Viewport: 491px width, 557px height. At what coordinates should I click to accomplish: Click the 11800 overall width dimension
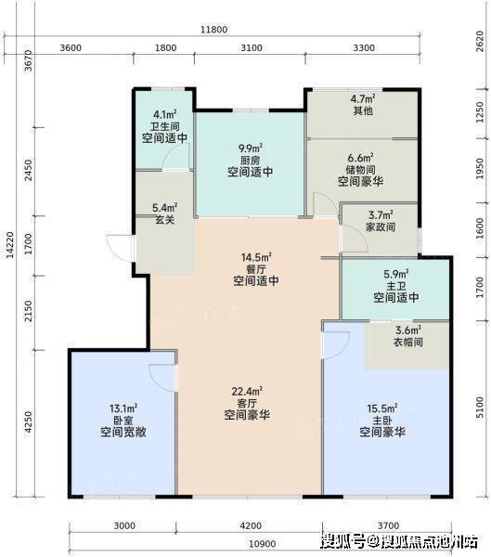point(213,29)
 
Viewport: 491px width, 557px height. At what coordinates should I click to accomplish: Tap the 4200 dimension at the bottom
point(251,525)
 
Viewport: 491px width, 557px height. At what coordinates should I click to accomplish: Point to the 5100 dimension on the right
point(480,408)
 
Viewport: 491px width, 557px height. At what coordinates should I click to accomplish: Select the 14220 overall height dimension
point(10,245)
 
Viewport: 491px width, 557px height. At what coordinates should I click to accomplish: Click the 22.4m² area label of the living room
point(247,392)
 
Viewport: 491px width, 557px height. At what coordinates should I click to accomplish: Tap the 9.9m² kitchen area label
point(251,148)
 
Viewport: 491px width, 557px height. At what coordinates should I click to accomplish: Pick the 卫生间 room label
point(165,126)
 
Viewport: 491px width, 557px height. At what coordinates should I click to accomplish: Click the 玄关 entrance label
point(165,219)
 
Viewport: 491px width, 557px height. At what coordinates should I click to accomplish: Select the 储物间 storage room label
point(361,170)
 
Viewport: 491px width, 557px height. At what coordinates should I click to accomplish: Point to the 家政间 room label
point(381,227)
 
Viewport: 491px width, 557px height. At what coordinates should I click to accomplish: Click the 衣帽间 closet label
point(408,342)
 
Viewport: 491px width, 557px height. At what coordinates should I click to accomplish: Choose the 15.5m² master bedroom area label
point(382,408)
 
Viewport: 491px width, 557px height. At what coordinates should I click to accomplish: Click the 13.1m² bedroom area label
point(123,408)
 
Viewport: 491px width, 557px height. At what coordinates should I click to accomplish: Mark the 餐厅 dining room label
point(256,268)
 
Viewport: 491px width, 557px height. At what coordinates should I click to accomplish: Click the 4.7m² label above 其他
point(363,98)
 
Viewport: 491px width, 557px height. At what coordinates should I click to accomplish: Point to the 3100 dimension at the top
point(252,47)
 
